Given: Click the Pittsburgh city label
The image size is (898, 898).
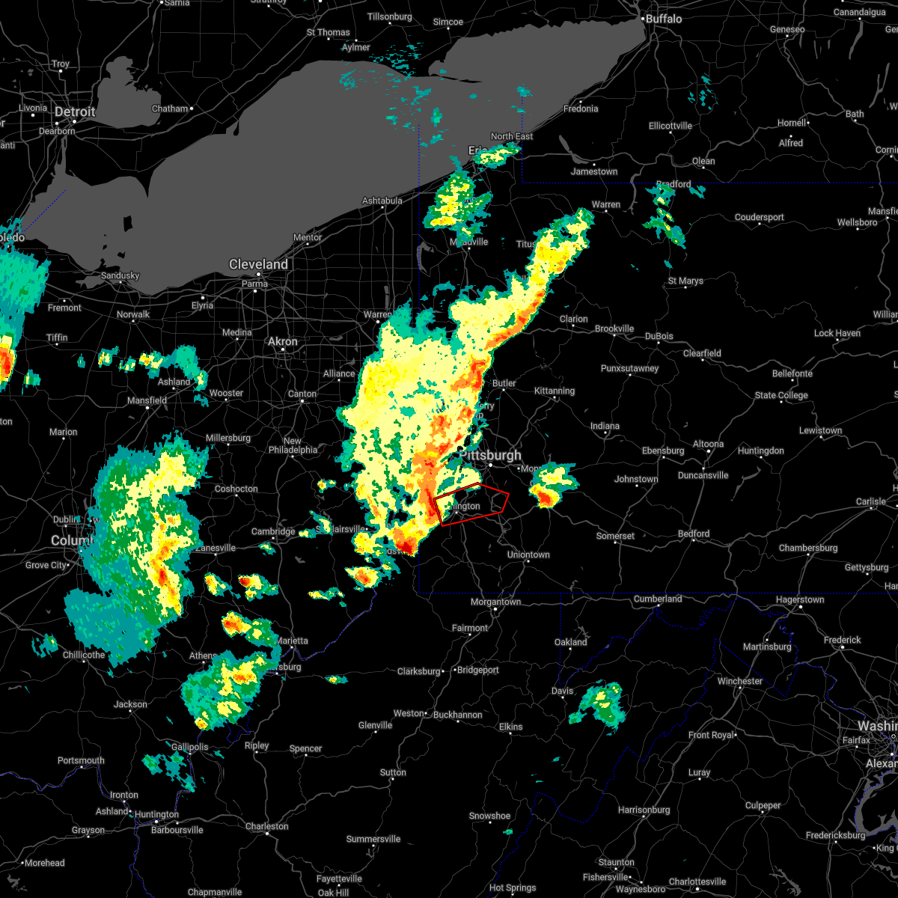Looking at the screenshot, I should tap(491, 456).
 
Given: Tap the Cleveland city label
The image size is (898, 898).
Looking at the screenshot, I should tap(258, 265).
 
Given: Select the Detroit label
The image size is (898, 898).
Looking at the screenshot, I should tap(75, 112).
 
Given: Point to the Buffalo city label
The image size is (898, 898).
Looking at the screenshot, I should tap(663, 19).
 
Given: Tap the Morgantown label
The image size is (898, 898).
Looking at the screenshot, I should tap(495, 602).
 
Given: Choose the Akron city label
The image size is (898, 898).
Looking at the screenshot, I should tap(283, 342).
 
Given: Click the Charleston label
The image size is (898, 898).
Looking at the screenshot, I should tap(266, 826).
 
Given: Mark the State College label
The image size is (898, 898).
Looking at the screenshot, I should tap(781, 395).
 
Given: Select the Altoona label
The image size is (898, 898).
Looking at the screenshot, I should tap(708, 444).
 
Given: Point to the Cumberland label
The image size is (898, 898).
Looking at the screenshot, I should tap(658, 599).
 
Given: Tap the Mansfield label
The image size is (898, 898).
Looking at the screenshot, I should tap(147, 400).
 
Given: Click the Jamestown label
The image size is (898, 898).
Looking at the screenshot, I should tap(594, 171).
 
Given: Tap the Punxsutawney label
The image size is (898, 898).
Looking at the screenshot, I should tap(629, 368).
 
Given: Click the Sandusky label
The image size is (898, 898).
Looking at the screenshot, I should tap(120, 275).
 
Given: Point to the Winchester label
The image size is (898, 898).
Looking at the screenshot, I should tap(739, 681).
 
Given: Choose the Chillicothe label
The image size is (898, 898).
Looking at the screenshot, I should tap(84, 655).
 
